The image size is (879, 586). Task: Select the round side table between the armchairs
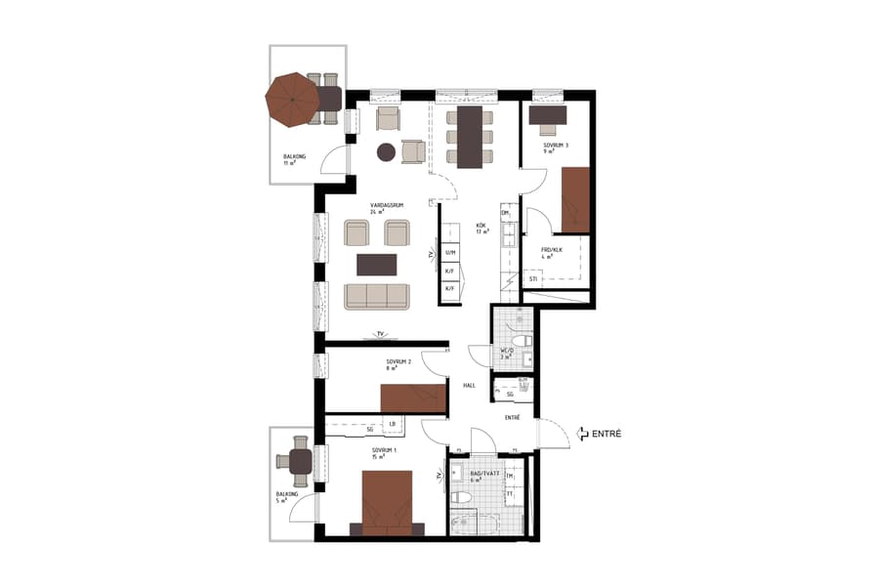click(x=386, y=151)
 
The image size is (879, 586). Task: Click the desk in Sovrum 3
click(x=548, y=116)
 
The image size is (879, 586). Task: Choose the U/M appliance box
click(x=449, y=253)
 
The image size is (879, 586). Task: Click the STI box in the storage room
click(x=533, y=279)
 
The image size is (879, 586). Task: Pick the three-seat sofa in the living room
click(x=377, y=295)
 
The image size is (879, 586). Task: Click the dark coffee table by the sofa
click(x=377, y=265)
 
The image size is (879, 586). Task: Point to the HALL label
click(x=470, y=386)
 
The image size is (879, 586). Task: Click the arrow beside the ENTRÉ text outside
click(x=582, y=433)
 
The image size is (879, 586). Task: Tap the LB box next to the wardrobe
click(x=393, y=424)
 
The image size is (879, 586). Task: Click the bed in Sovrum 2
click(x=413, y=398)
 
